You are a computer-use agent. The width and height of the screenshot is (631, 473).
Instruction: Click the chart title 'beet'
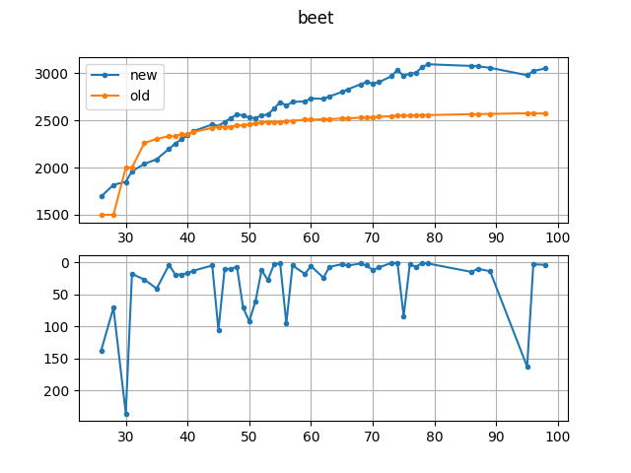tap(315, 18)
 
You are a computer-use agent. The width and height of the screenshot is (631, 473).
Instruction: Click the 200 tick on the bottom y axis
tap(61, 391)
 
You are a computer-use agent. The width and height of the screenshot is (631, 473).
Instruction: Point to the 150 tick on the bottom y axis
tap(61, 359)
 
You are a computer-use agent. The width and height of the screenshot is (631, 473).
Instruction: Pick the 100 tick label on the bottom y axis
tap(61, 327)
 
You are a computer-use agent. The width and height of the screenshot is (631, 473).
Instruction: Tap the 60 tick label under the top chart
tap(312, 237)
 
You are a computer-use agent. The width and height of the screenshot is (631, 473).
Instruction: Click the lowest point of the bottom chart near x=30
tap(126, 414)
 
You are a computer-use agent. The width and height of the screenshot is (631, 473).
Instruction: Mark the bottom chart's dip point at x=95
tap(527, 367)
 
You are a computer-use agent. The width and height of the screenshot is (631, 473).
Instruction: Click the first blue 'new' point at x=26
tap(102, 196)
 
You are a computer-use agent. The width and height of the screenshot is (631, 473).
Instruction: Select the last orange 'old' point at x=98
tap(545, 113)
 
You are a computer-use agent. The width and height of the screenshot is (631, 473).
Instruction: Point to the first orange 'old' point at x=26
tap(102, 215)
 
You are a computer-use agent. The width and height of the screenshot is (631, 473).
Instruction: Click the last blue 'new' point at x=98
tap(545, 69)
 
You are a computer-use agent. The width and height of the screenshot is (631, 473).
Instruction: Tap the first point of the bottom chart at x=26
tap(102, 351)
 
